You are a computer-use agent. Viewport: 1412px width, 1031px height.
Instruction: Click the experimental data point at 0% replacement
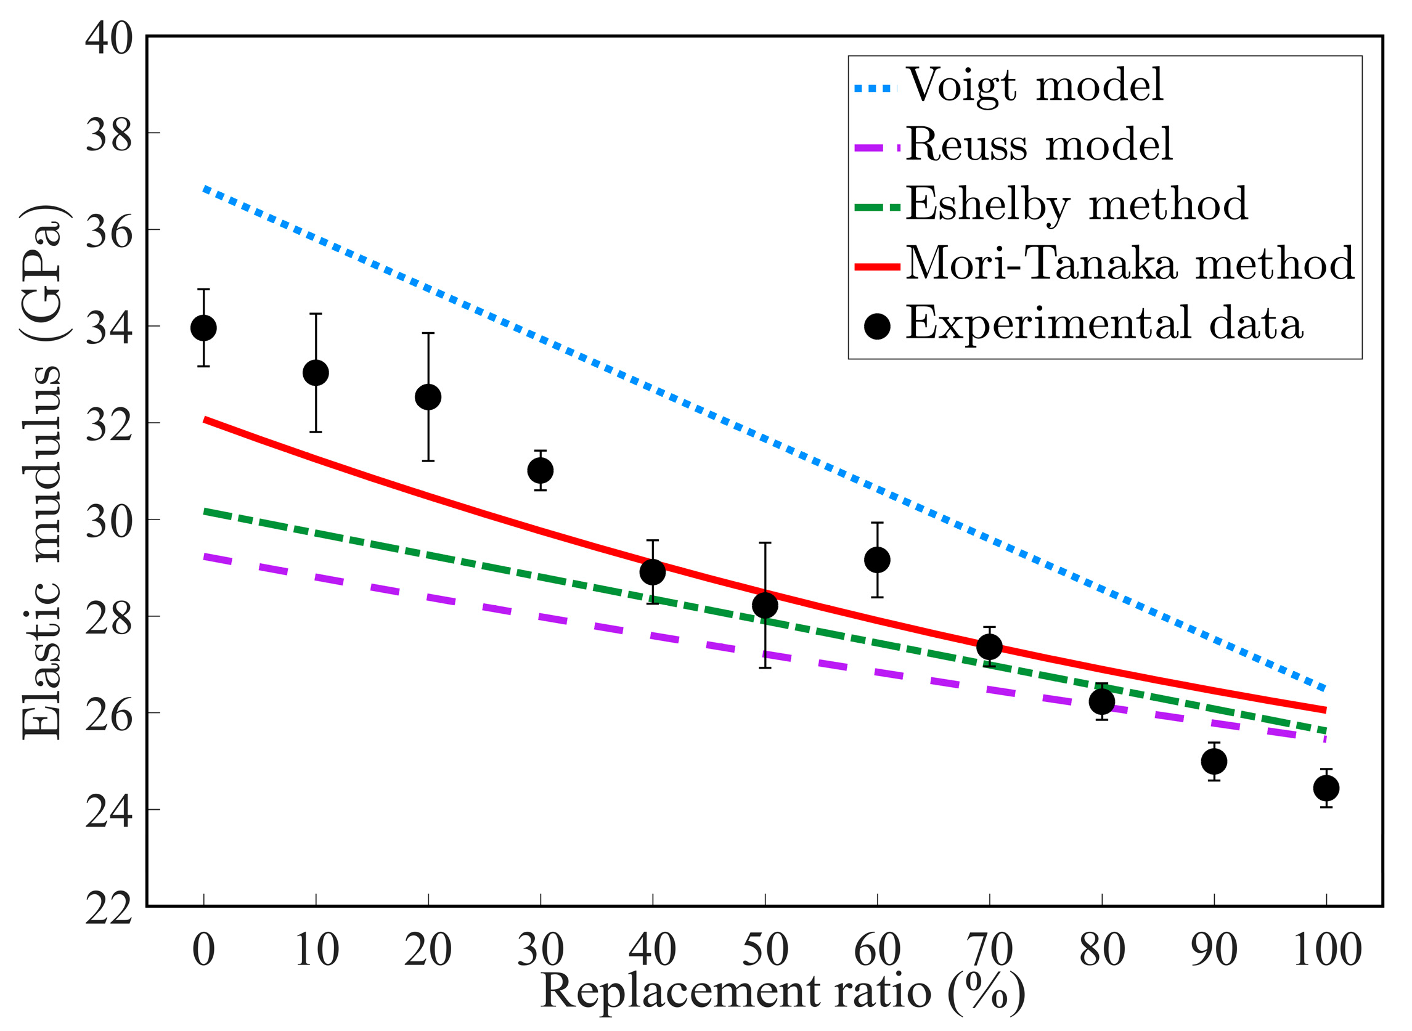(203, 328)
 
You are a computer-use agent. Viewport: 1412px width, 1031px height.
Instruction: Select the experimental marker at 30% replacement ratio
(541, 470)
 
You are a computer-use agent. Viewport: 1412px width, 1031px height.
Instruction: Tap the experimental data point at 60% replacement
(877, 560)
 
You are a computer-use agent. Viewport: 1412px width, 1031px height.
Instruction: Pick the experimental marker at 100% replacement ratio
(1326, 788)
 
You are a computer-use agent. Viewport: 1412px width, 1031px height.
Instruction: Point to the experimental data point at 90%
(1214, 762)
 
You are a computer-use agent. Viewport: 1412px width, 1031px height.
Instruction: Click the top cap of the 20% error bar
(428, 333)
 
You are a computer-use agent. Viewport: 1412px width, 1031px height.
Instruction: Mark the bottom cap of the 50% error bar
(765, 668)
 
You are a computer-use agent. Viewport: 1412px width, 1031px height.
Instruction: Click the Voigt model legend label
(1034, 85)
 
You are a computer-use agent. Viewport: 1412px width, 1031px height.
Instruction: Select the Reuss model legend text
(1039, 145)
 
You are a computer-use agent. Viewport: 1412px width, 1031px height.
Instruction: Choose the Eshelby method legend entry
(1076, 204)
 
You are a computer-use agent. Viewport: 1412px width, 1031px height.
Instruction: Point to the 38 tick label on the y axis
(108, 134)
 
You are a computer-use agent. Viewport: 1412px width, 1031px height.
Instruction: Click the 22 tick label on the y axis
(108, 907)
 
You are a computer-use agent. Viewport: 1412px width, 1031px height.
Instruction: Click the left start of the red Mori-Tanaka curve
(205, 420)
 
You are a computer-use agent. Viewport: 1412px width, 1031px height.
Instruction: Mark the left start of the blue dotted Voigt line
(205, 188)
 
